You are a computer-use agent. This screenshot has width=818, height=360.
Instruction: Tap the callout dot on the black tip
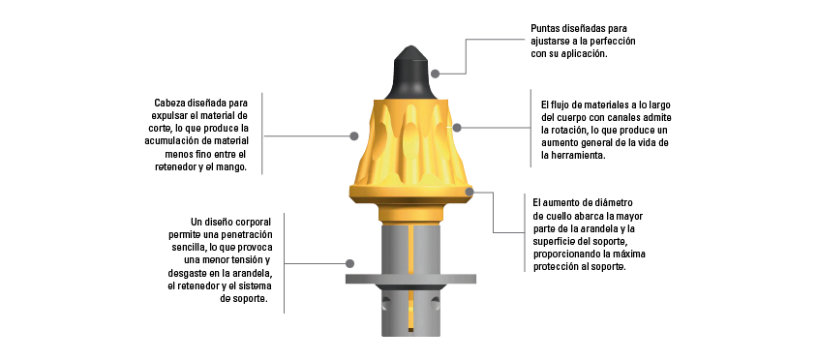click(x=435, y=74)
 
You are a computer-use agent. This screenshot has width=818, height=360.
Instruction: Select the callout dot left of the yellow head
click(x=354, y=135)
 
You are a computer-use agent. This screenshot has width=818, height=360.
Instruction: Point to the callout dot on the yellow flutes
click(x=457, y=128)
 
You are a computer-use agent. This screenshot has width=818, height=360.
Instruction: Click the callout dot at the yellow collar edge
click(x=469, y=192)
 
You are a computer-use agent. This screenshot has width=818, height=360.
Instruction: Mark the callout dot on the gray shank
click(x=350, y=263)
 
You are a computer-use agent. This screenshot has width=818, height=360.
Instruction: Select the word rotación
click(x=571, y=130)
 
